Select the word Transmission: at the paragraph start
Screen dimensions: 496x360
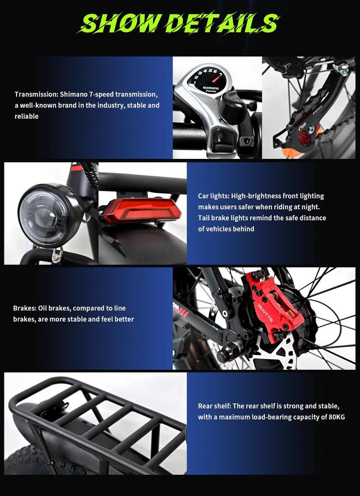click(x=36, y=94)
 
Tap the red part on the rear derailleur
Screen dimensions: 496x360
click(x=304, y=137)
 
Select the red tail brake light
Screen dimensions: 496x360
click(x=141, y=210)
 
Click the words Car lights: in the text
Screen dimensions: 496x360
click(x=214, y=196)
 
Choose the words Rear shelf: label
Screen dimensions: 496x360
click(x=214, y=406)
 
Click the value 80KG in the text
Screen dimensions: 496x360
click(x=335, y=417)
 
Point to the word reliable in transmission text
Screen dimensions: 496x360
click(x=27, y=116)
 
